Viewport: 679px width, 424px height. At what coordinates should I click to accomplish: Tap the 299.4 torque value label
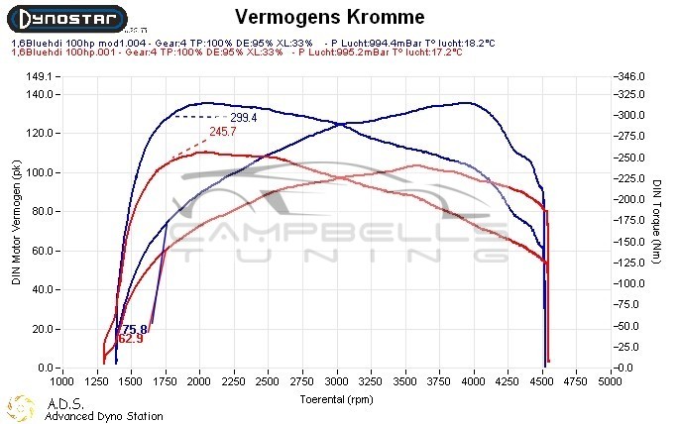244,117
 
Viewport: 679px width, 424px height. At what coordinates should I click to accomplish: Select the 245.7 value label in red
223,131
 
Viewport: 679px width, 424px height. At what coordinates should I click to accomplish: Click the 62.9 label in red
130,340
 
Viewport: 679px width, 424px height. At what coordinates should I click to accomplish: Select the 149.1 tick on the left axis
38,76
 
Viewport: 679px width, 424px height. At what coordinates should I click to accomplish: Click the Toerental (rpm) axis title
337,399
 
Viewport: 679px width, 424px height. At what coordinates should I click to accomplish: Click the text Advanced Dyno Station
103,416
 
